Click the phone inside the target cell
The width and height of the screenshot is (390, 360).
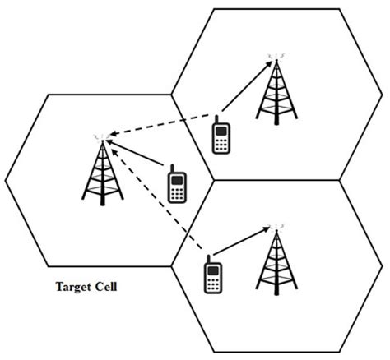click(x=175, y=185)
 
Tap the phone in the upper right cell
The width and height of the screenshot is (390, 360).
click(x=220, y=136)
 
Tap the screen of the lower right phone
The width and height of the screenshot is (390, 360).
click(x=211, y=268)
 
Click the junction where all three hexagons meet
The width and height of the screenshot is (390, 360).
click(x=214, y=180)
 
